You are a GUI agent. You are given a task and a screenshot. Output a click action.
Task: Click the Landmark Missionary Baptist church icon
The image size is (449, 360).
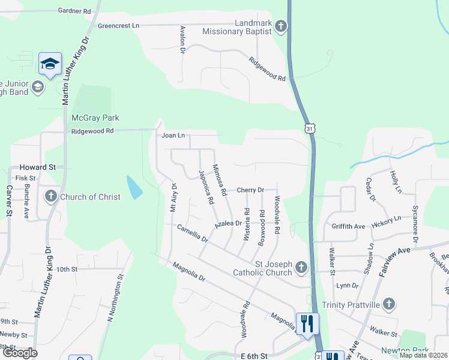[281, 26]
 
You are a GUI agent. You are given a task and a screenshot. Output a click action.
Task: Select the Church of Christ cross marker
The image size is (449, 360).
[50, 196]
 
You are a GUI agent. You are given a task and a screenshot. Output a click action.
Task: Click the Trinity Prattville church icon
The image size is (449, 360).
[388, 304]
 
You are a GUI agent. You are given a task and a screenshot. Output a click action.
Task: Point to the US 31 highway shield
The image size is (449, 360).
[309, 128]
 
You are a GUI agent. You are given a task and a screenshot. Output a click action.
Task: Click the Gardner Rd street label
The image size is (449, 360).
[74, 11]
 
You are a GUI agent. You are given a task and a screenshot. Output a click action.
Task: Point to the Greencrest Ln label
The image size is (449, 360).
[118, 26]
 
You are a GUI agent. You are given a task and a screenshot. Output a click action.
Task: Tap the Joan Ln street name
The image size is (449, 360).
[173, 136]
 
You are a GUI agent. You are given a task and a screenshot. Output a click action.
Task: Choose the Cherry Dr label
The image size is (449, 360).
[250, 190]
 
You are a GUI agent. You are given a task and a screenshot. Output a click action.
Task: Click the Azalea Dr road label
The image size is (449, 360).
[228, 223]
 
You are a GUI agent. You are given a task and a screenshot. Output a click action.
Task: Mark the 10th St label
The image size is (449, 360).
[67, 269]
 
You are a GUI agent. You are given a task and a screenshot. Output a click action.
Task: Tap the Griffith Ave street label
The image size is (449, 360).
[348, 226]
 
